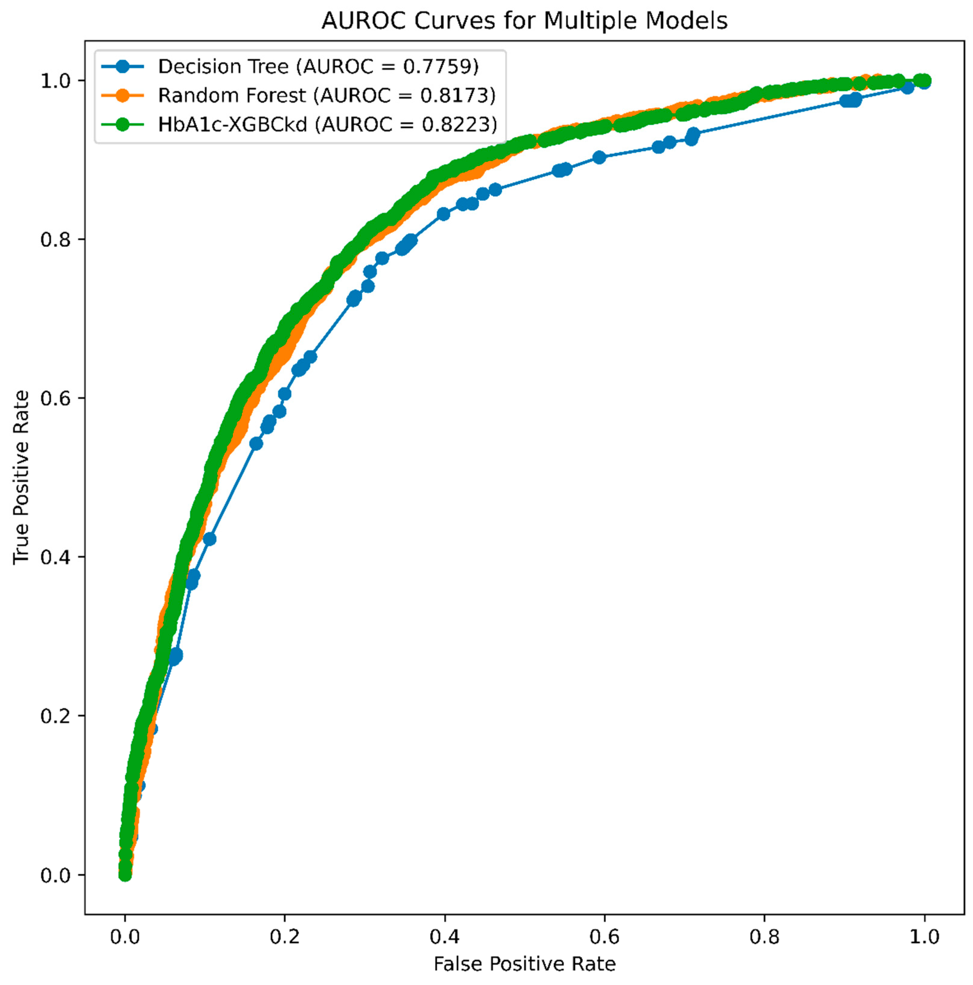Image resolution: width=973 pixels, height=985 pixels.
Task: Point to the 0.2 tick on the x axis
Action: (x=285, y=937)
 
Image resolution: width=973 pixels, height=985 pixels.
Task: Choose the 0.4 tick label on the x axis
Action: (x=444, y=937)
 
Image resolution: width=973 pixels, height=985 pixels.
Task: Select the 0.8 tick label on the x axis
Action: (x=764, y=937)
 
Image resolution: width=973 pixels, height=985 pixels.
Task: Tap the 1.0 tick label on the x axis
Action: (x=924, y=937)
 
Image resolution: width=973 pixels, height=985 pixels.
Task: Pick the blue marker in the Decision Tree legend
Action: (x=122, y=66)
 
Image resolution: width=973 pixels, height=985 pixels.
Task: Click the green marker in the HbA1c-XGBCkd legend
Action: (x=122, y=124)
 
